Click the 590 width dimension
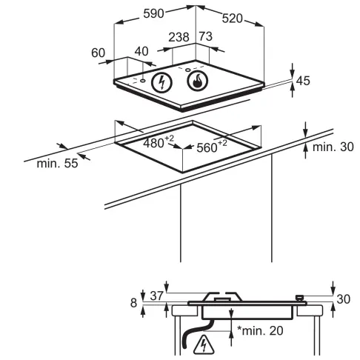point(153,13)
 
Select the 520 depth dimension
point(233,19)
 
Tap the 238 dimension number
point(179,37)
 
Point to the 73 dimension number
point(206,36)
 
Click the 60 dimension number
point(99,53)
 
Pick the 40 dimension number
point(141,51)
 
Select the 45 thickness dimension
point(303,81)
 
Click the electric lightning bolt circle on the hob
point(161,82)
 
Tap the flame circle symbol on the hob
point(198,81)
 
